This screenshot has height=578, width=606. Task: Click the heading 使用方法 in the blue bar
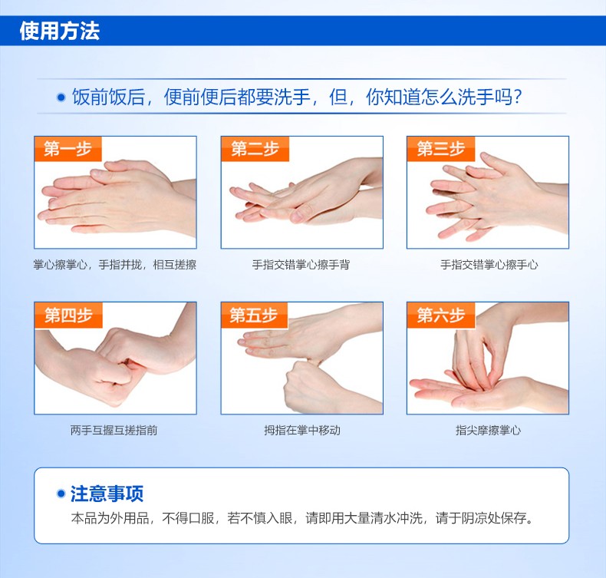60,31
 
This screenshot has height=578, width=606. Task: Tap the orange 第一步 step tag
68,149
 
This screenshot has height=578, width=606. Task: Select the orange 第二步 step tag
255,149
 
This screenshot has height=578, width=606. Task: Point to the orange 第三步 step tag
441,149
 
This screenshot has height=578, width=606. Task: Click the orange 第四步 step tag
68,315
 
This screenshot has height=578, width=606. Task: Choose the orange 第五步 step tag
255,315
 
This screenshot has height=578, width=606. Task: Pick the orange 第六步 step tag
441,315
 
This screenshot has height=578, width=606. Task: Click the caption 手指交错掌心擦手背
301,265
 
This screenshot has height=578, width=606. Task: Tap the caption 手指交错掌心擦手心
489,265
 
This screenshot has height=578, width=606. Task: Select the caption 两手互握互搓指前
114,431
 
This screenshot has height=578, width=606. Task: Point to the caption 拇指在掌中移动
302,431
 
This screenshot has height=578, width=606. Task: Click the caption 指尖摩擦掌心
488,431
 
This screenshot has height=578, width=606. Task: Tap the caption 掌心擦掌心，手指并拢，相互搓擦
115,265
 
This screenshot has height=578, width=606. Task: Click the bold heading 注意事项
107,494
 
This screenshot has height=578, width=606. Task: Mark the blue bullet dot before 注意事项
61,494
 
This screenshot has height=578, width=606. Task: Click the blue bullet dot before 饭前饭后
61,97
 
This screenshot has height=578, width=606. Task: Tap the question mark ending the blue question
518,97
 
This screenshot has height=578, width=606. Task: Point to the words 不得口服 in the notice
188,518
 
